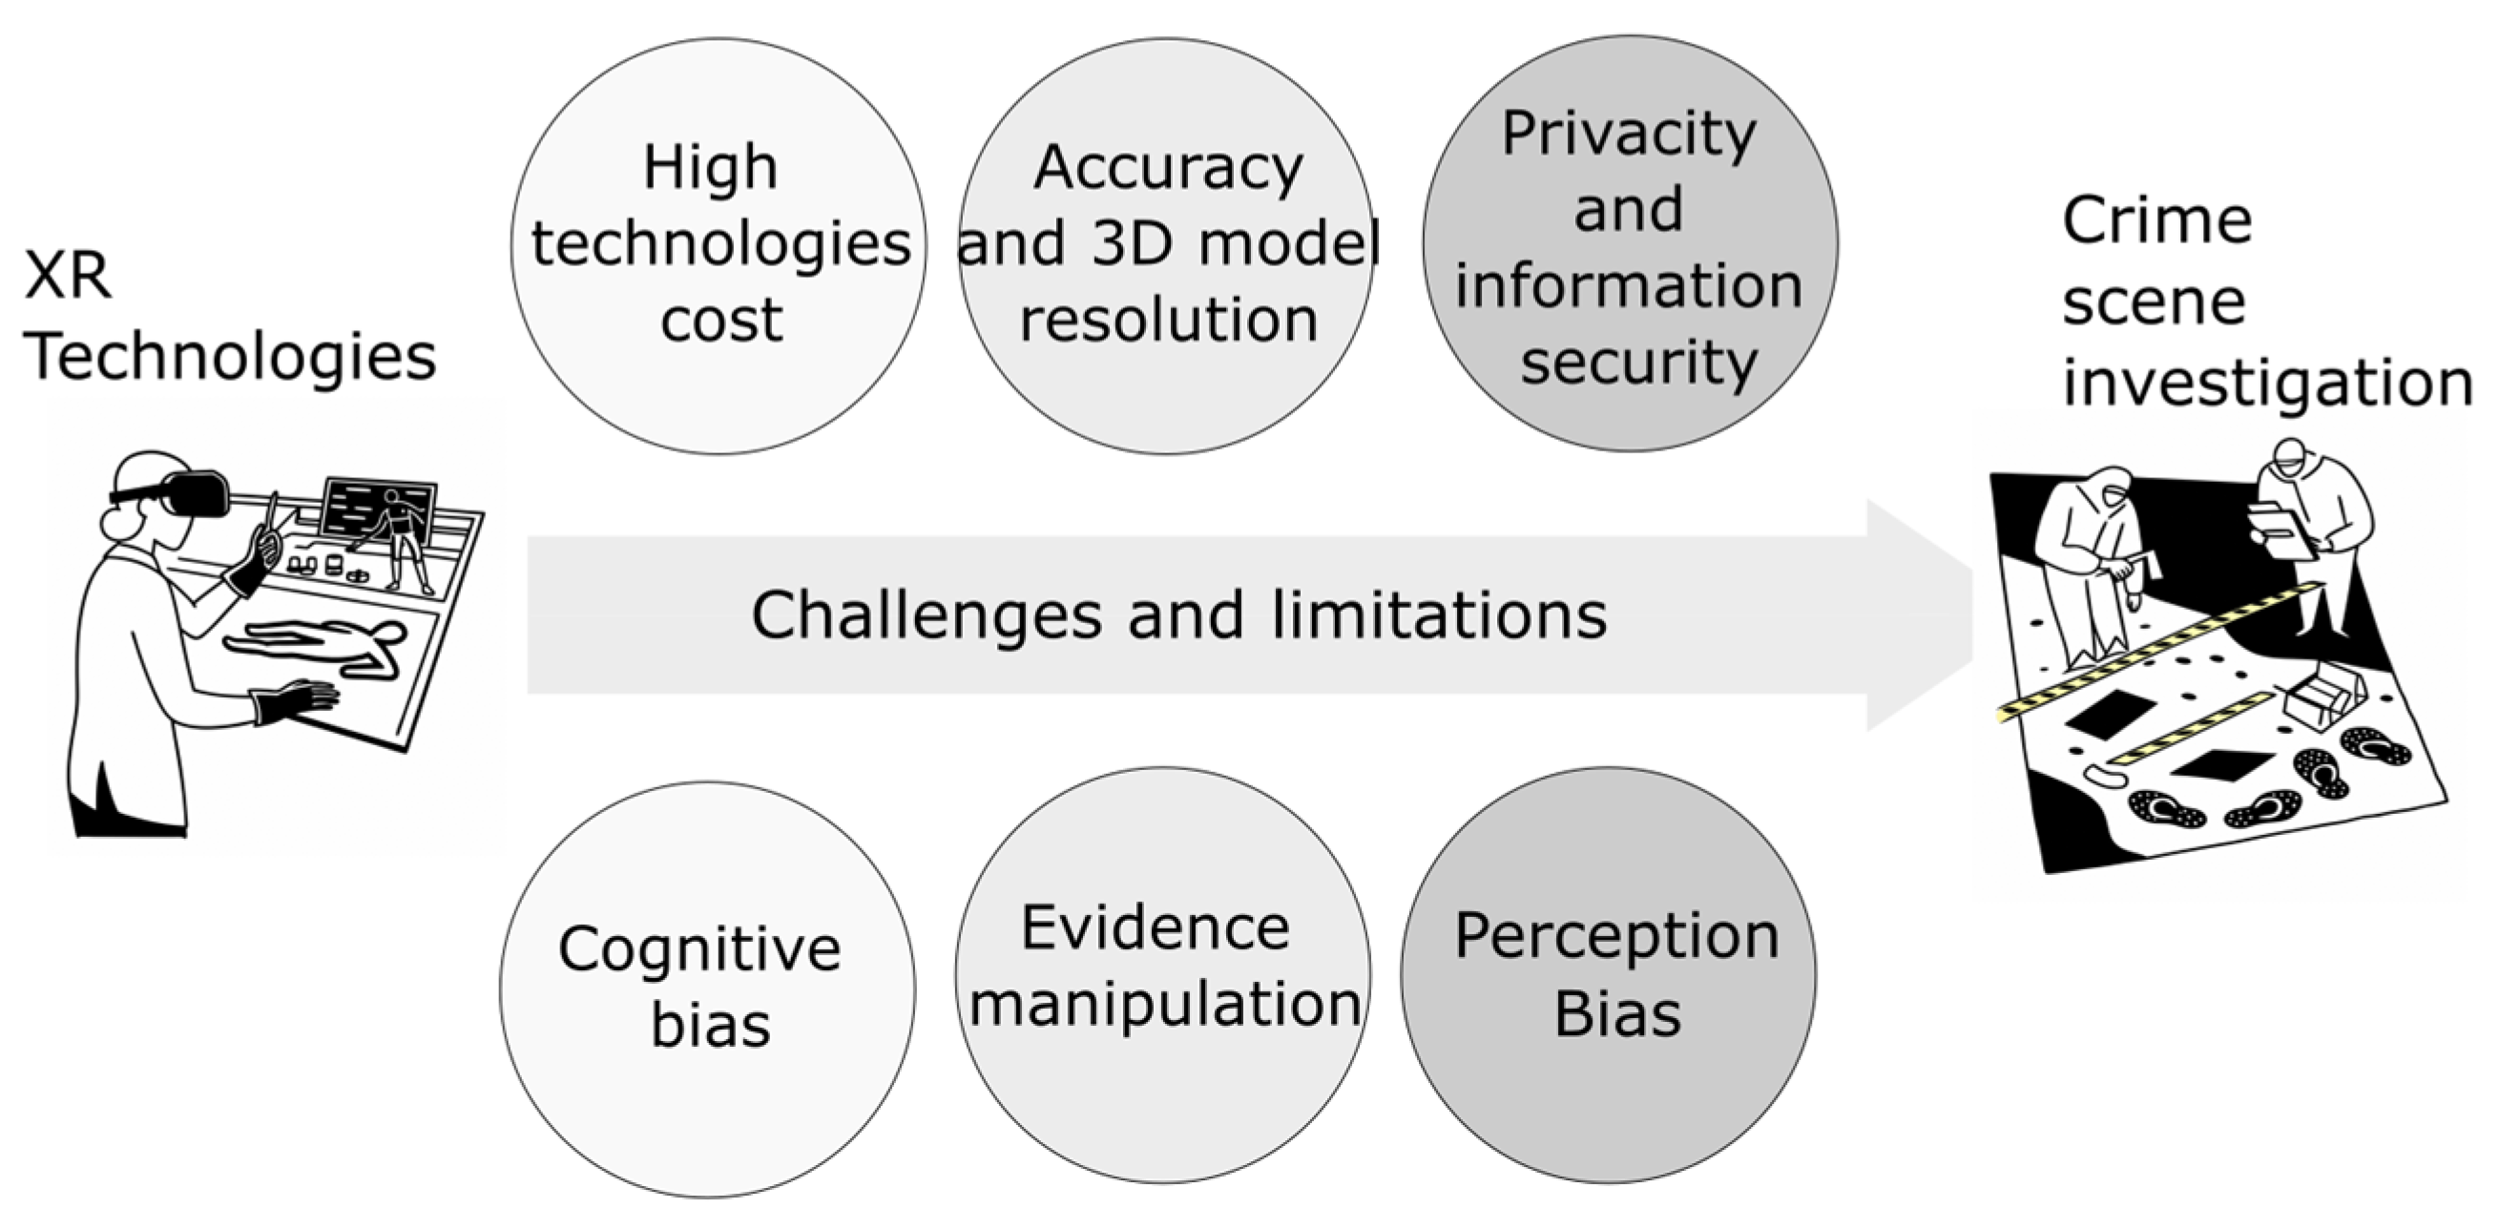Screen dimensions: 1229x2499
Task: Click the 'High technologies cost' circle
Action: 718,245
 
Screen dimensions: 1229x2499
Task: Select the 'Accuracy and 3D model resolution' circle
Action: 1166,245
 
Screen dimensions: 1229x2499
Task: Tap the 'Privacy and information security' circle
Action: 1630,244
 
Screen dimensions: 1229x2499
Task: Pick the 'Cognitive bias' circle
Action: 707,989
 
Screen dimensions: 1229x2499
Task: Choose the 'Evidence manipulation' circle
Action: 1162,975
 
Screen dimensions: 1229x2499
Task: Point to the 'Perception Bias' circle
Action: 1609,975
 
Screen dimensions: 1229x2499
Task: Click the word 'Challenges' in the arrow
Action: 927,615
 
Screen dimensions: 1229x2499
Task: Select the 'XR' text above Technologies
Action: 68,277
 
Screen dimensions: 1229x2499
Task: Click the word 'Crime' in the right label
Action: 2155,221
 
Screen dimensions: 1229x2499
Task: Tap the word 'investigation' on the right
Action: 2266,383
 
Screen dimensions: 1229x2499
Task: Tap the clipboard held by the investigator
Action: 2280,530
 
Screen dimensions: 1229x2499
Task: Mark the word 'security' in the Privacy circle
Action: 1638,363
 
